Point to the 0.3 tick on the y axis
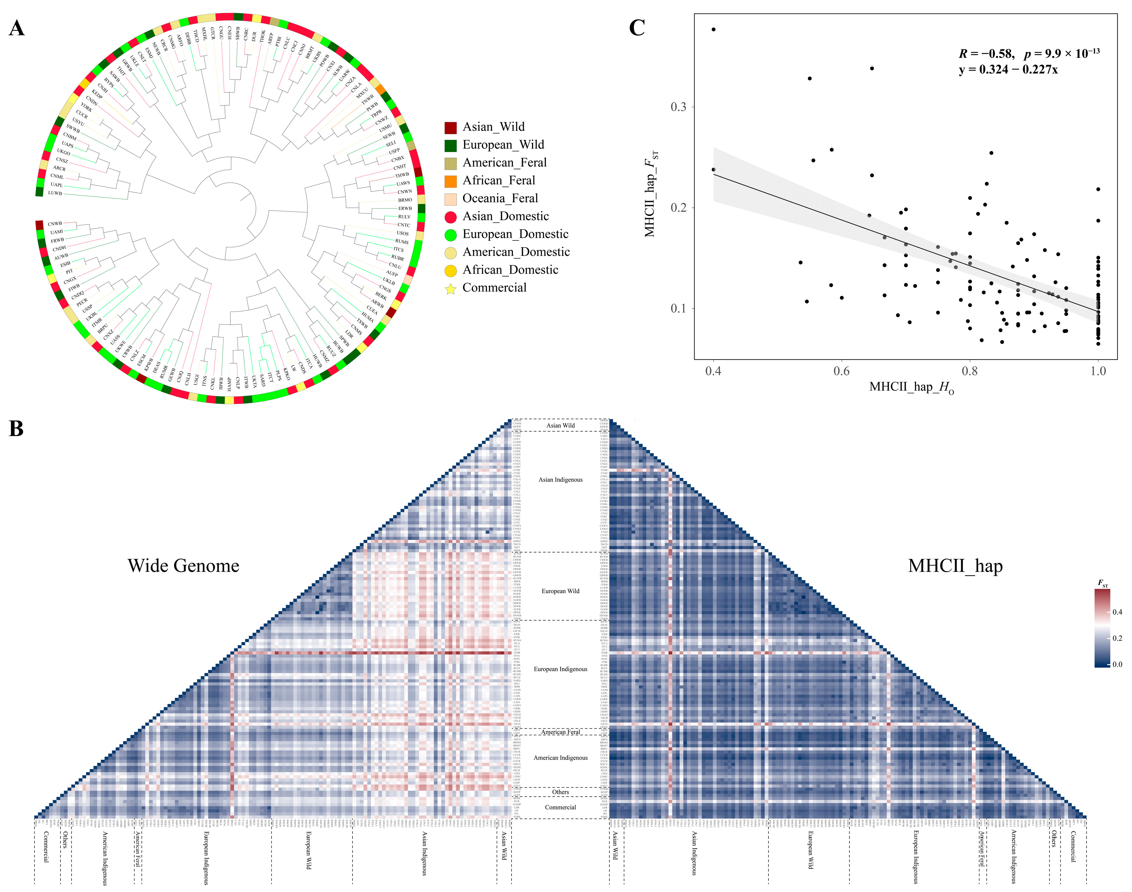coord(678,107)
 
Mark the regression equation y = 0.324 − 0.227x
coord(1008,70)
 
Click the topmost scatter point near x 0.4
coord(713,29)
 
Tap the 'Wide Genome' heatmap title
coord(183,566)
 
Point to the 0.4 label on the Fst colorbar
coord(1117,612)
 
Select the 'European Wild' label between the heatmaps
coord(560,591)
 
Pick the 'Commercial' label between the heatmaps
coord(560,807)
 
